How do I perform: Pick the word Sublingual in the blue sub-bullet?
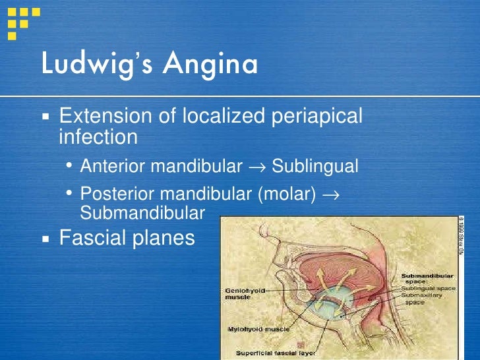tap(315, 166)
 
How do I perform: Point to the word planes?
tap(165, 238)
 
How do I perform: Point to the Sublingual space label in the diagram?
tap(424, 288)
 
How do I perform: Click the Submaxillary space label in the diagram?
tap(422, 299)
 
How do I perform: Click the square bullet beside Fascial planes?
tap(45, 237)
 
